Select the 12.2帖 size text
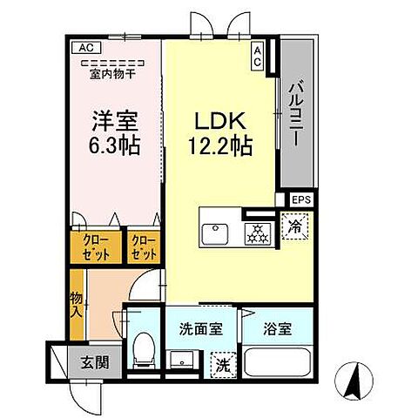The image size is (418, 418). [219, 146]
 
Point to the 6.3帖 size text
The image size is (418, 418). [116, 144]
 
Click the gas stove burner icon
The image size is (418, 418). [257, 233]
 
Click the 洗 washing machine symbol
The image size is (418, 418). [223, 364]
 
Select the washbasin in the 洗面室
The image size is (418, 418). [184, 361]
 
